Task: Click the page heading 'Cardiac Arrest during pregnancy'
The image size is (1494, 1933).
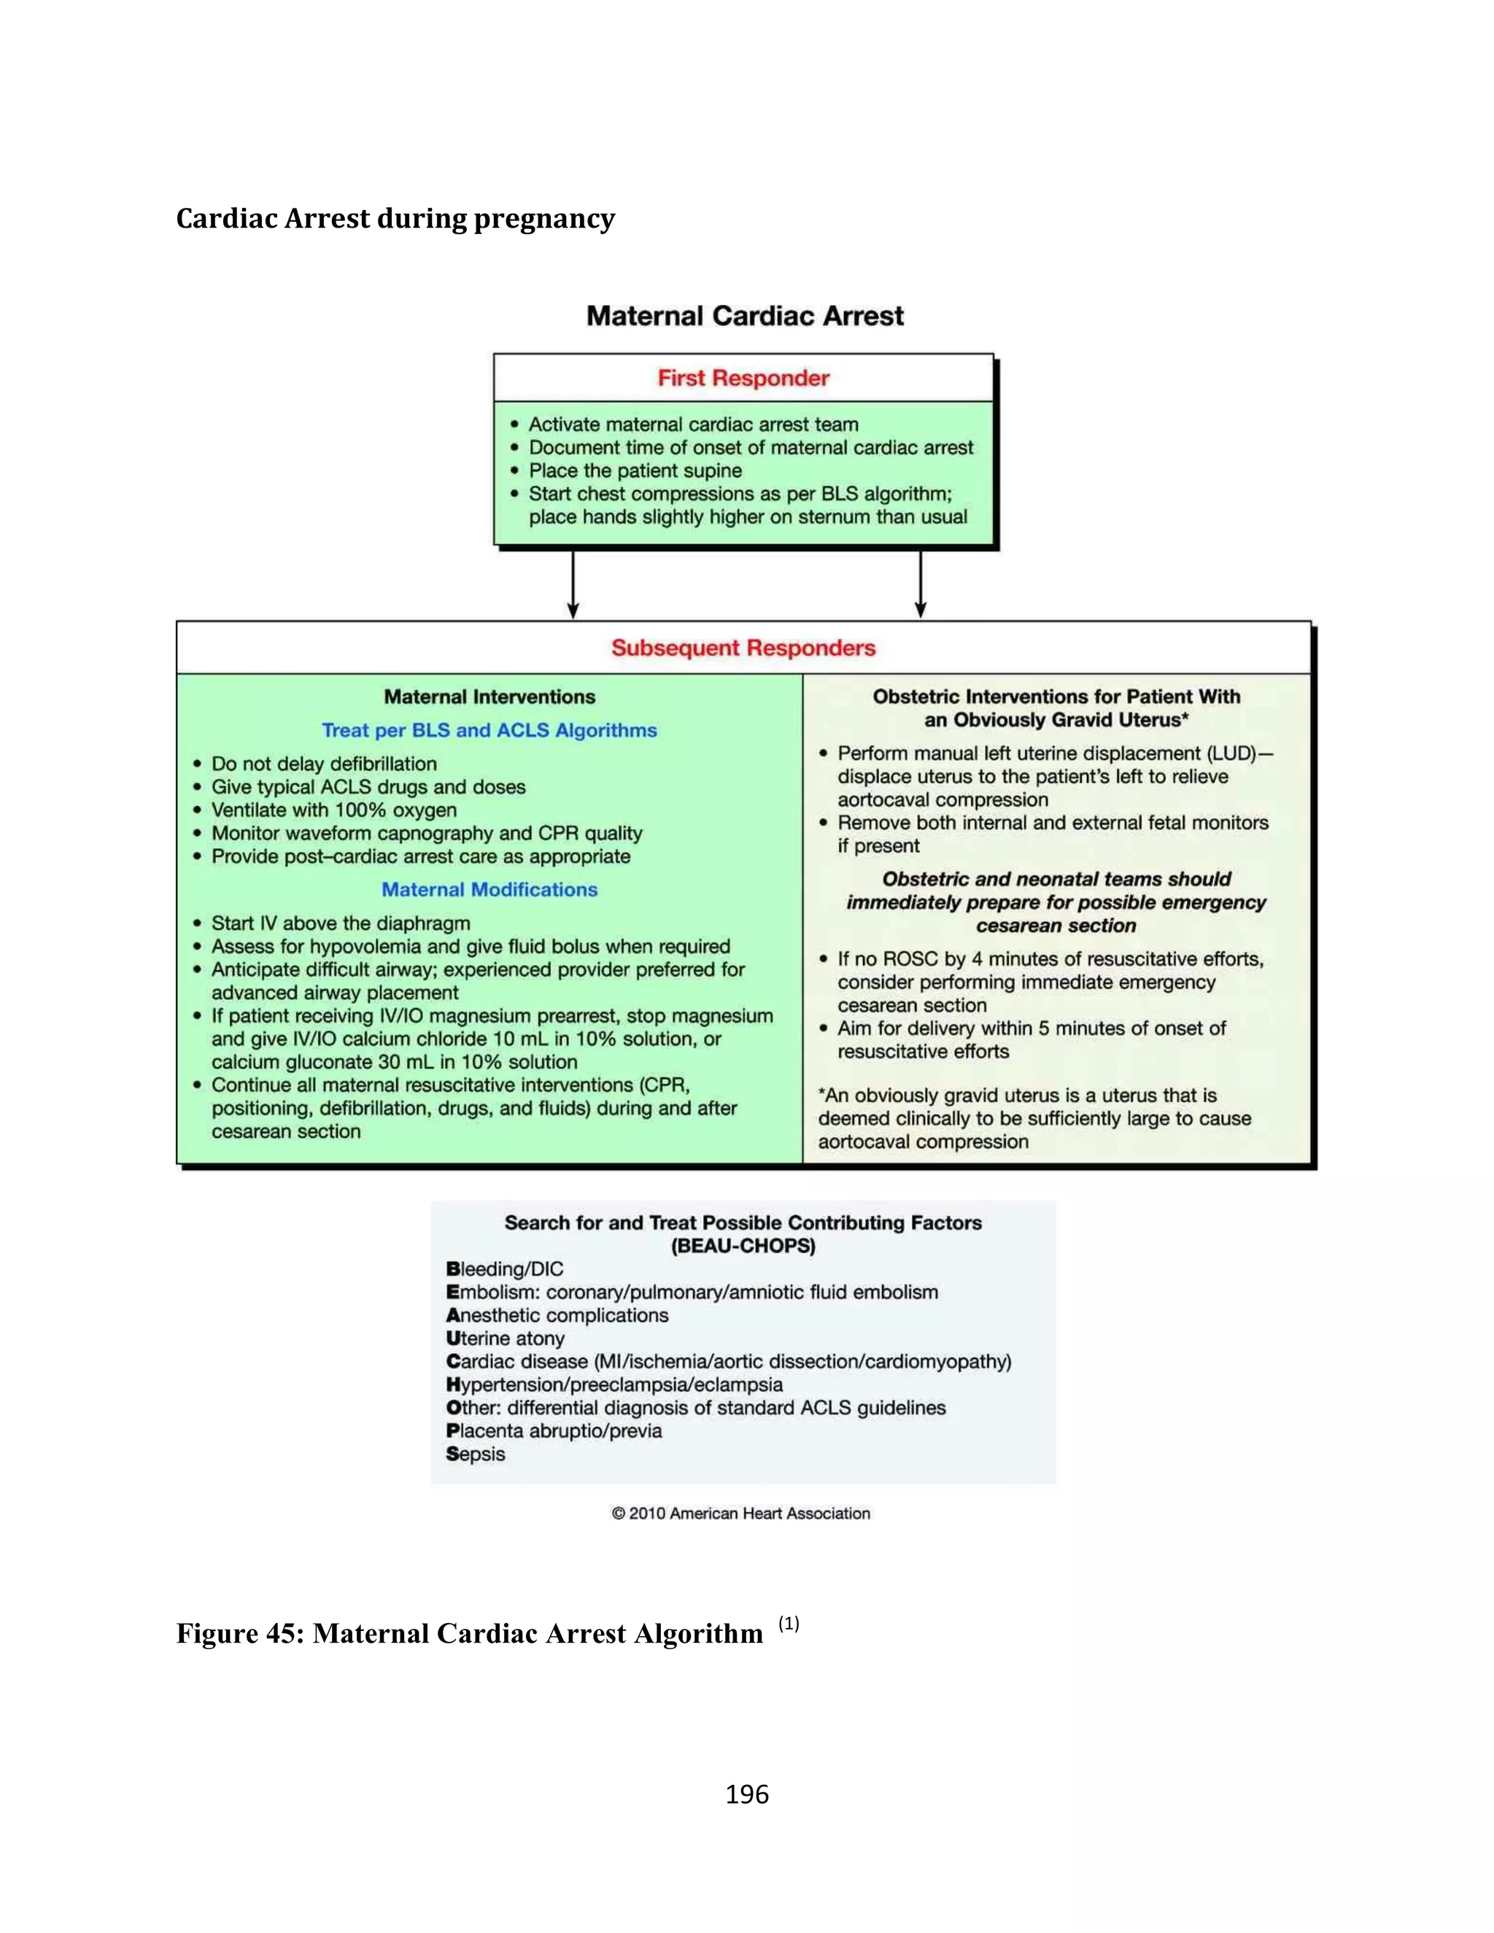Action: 395,219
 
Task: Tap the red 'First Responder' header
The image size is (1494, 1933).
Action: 743,378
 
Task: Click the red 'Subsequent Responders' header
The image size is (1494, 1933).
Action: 743,648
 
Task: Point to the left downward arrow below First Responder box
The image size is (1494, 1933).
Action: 573,584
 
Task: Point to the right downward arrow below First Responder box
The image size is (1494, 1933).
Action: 921,584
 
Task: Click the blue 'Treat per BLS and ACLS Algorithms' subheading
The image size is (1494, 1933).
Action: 489,730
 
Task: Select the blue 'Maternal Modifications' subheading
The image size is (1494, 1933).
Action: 489,889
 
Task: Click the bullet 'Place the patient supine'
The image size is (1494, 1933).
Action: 635,471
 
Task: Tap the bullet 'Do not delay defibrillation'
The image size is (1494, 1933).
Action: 323,764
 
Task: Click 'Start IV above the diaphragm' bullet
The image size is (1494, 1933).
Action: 340,923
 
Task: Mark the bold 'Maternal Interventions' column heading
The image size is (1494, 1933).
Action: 489,697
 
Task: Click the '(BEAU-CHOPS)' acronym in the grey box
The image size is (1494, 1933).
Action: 743,1246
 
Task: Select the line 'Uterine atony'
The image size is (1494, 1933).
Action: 505,1339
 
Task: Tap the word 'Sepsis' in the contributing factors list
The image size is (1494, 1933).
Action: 476,1454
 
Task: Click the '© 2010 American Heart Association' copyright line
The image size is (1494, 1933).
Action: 741,1514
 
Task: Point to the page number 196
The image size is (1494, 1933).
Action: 746,1794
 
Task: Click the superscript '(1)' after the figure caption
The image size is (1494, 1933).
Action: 788,1623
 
